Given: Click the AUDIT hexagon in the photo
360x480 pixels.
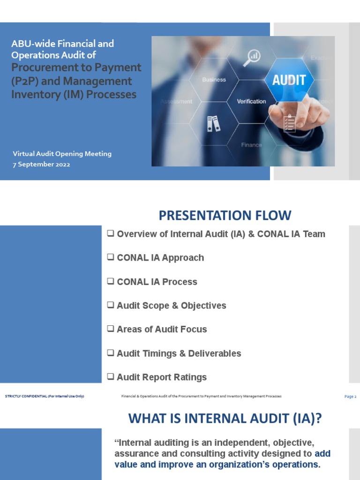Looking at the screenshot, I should [x=289, y=80].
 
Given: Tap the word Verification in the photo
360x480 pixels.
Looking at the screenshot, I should [x=251, y=101].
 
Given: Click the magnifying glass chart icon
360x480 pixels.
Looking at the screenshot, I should [x=252, y=57].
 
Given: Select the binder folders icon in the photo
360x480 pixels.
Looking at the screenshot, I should [x=213, y=123].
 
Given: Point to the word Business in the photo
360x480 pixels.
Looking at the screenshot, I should [x=214, y=80].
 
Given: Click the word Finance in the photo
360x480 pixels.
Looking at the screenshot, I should [x=251, y=145].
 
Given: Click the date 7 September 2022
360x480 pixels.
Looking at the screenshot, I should [x=41, y=165].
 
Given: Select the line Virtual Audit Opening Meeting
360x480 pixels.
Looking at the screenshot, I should [x=62, y=154].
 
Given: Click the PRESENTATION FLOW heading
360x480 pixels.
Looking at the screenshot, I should [x=225, y=216].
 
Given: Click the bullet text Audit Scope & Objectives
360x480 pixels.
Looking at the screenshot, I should [x=171, y=306].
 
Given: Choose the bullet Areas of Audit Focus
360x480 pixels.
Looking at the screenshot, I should [x=161, y=330].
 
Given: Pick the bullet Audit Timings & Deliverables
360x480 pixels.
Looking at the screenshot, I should [x=179, y=353].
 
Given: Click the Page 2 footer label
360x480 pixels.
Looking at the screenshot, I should [x=350, y=397].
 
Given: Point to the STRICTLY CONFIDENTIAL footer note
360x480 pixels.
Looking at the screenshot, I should [x=45, y=397].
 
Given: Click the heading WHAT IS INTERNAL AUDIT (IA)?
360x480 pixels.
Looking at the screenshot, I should [x=225, y=418].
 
